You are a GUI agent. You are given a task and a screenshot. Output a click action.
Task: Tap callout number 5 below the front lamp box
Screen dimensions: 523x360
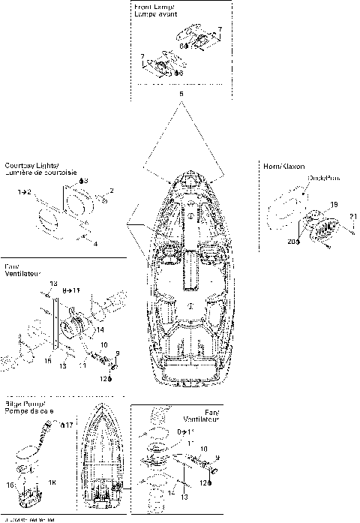[x=181, y=94]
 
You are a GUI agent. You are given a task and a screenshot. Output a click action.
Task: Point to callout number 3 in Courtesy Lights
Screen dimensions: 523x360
[x=84, y=181]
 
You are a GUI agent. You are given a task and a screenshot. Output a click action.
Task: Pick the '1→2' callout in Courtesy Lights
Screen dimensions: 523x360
[x=24, y=193]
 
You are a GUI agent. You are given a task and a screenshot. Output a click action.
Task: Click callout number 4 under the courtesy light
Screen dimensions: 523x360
[x=94, y=243]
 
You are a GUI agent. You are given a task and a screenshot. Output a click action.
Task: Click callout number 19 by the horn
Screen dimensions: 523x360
[x=334, y=203]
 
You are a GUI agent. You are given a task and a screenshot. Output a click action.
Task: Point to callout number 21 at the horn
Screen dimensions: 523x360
[x=351, y=218]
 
